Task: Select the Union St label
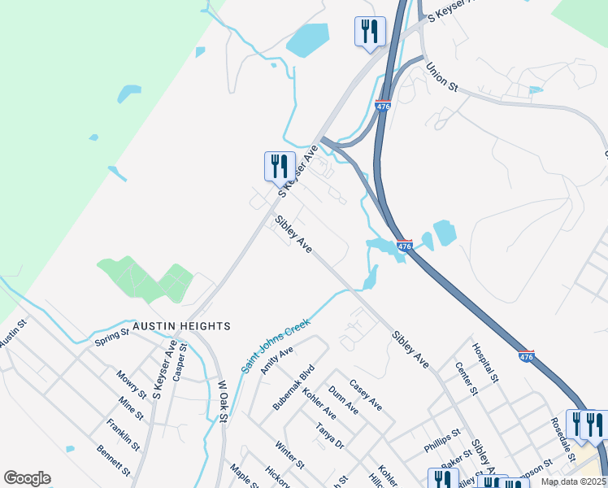coord(443,78)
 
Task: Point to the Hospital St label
coord(485,363)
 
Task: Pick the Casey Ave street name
coord(365,394)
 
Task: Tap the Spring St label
coord(112,335)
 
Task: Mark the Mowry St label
coord(130,384)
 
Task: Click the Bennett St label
coord(113,460)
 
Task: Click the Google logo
coord(27,478)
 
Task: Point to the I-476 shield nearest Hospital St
coord(527,356)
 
